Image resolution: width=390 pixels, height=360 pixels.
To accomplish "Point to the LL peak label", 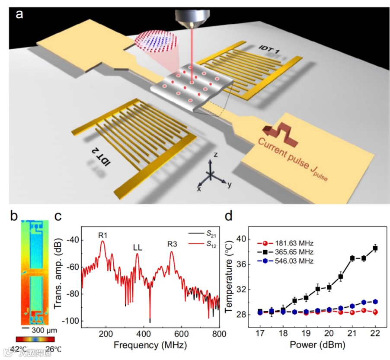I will [137, 248].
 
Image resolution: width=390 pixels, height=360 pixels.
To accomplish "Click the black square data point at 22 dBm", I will [375, 248].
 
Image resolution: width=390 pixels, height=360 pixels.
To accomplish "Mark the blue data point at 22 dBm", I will [375, 302].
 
